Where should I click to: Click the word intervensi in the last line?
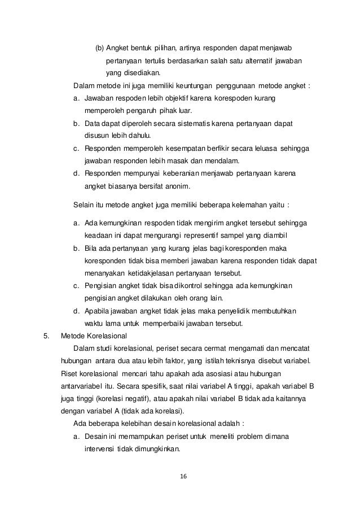(99, 450)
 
